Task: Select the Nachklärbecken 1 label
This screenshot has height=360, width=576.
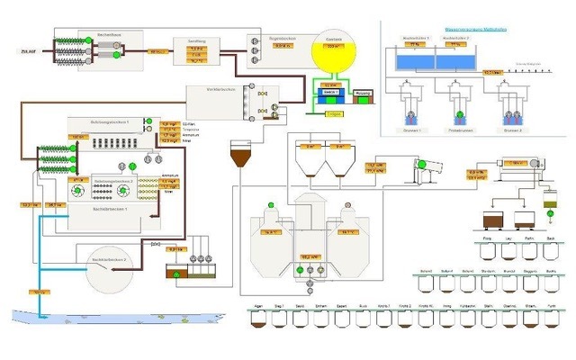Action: pyautogui.click(x=111, y=208)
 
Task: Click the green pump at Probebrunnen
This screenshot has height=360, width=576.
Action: pyautogui.click(x=459, y=116)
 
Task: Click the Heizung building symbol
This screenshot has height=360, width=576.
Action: pyautogui.click(x=364, y=94)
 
